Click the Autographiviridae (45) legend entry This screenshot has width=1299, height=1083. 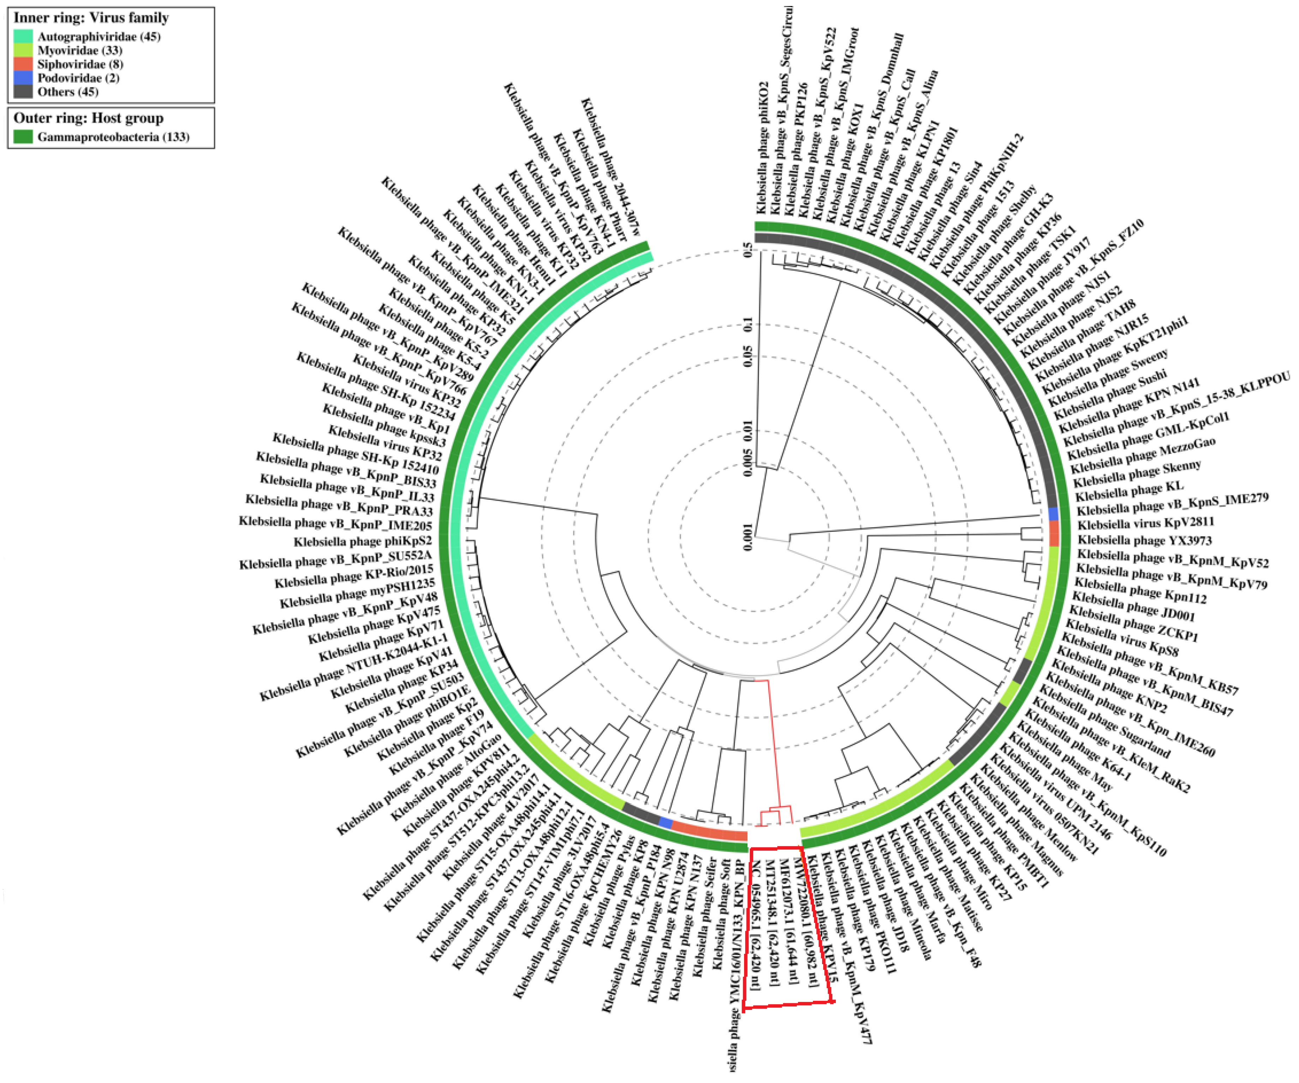pos(98,36)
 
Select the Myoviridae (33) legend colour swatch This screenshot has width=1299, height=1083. pos(23,50)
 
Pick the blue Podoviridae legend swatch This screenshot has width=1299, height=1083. pos(23,78)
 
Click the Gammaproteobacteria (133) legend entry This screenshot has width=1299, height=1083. pos(113,136)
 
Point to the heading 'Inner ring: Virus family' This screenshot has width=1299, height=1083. pos(91,17)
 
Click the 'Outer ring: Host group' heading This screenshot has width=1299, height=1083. pos(89,118)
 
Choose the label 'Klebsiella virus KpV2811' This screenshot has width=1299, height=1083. pos(1145,524)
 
